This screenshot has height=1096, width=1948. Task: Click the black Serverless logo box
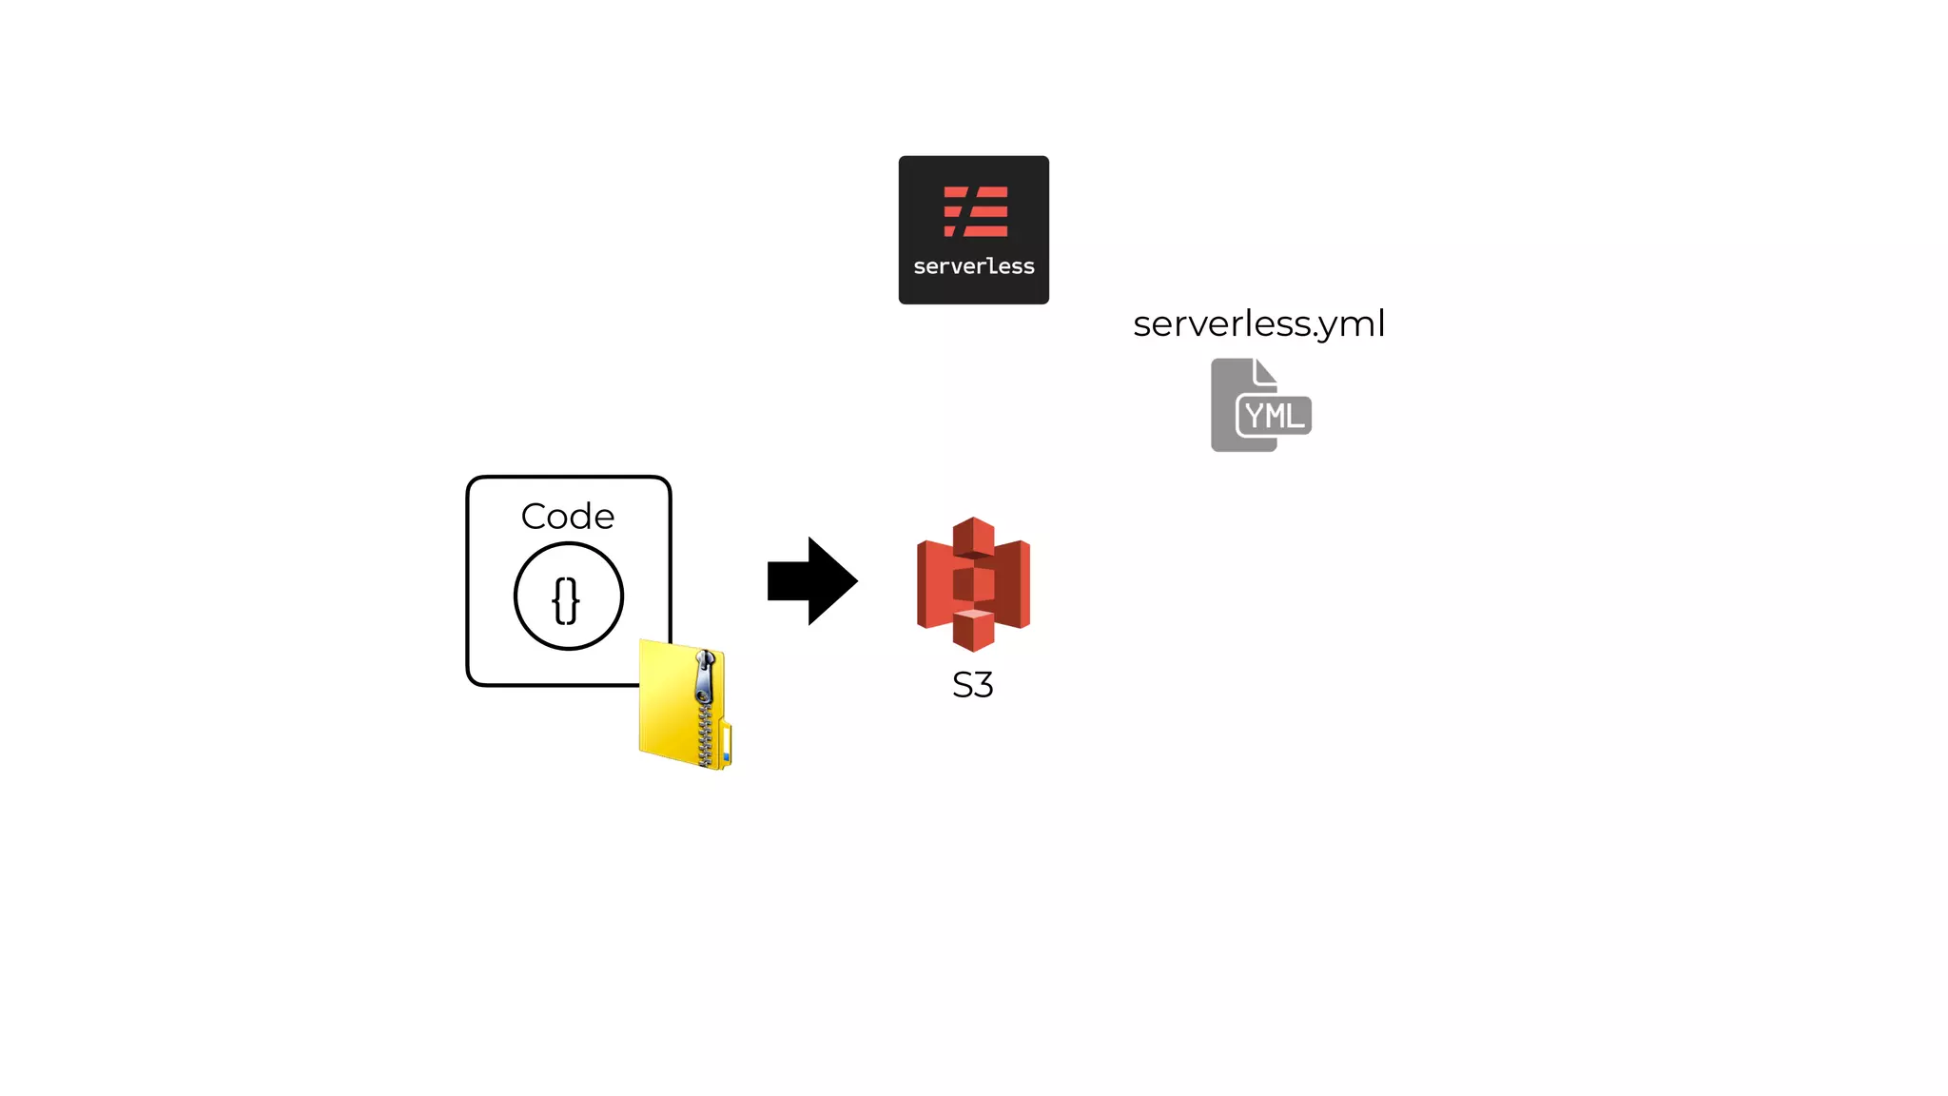click(973, 229)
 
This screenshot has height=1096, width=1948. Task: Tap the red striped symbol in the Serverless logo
click(975, 211)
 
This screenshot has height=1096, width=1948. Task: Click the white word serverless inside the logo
click(973, 266)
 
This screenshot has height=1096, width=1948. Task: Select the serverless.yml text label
click(1258, 323)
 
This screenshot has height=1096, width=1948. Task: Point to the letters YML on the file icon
click(1274, 416)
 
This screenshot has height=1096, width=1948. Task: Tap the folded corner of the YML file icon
click(1266, 370)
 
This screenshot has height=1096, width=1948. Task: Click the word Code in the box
click(568, 516)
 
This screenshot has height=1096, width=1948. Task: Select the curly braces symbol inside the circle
click(567, 600)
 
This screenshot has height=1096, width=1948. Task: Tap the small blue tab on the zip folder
click(726, 757)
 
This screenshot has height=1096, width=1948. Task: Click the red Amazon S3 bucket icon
click(973, 583)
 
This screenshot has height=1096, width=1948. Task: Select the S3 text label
click(972, 685)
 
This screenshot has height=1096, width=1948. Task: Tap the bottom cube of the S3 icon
click(973, 630)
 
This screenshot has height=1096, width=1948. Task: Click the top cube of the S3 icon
click(973, 536)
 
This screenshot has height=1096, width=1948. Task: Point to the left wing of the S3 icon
click(933, 583)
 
